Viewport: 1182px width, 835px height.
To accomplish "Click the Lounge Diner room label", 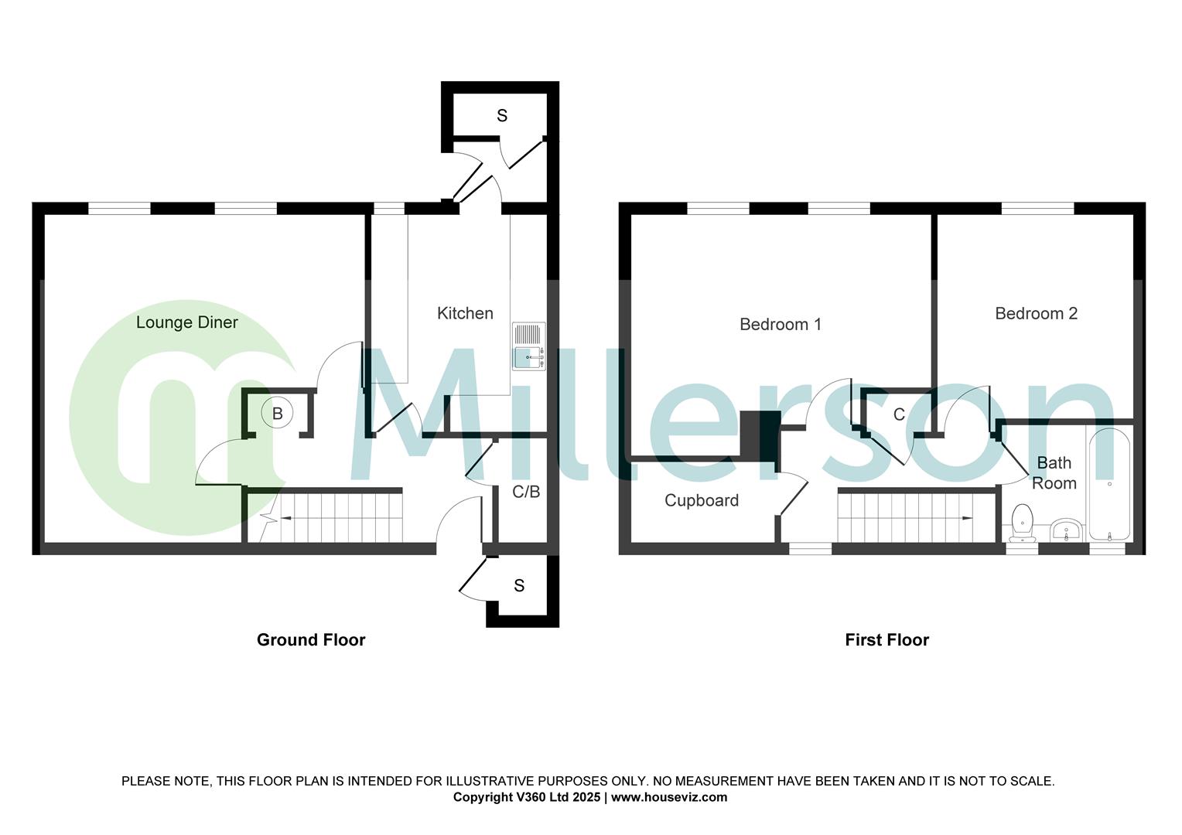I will pyautogui.click(x=187, y=322).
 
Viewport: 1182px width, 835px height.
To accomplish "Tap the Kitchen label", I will pyautogui.click(x=465, y=313).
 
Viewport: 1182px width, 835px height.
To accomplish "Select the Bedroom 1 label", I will pyautogui.click(x=780, y=325).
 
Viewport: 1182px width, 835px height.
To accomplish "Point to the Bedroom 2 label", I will pyautogui.click(x=1036, y=314).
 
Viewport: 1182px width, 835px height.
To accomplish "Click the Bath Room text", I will pyautogui.click(x=1054, y=473).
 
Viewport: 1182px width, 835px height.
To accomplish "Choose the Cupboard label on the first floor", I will pyautogui.click(x=702, y=501).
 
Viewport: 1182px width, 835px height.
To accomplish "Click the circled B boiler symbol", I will pyautogui.click(x=277, y=414).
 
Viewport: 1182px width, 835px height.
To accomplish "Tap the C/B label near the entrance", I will pyautogui.click(x=526, y=492).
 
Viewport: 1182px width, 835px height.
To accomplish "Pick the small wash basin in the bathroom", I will pyautogui.click(x=1066, y=531).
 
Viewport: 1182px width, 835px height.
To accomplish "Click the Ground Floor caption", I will pyautogui.click(x=311, y=640).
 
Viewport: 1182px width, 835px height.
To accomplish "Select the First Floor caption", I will pyautogui.click(x=886, y=640).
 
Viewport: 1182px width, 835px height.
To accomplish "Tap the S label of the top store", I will pyautogui.click(x=502, y=116).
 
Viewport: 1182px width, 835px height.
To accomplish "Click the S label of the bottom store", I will pyautogui.click(x=519, y=586).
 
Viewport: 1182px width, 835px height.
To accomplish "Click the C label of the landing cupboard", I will pyautogui.click(x=899, y=415).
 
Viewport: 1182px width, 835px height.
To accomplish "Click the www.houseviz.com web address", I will pyautogui.click(x=669, y=797).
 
